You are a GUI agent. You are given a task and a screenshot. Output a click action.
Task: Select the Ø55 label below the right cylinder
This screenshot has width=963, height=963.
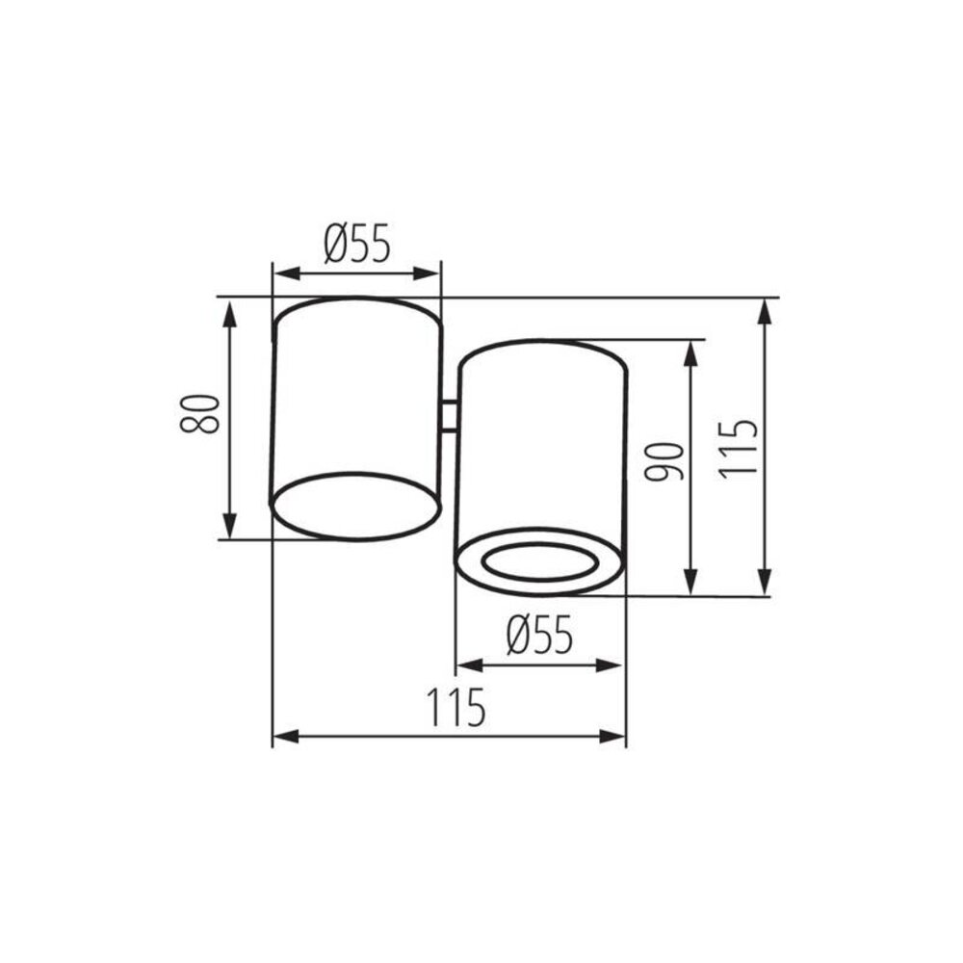pyautogui.click(x=539, y=636)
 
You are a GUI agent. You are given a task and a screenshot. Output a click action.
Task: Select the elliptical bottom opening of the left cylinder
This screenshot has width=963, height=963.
pyautogui.click(x=355, y=505)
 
